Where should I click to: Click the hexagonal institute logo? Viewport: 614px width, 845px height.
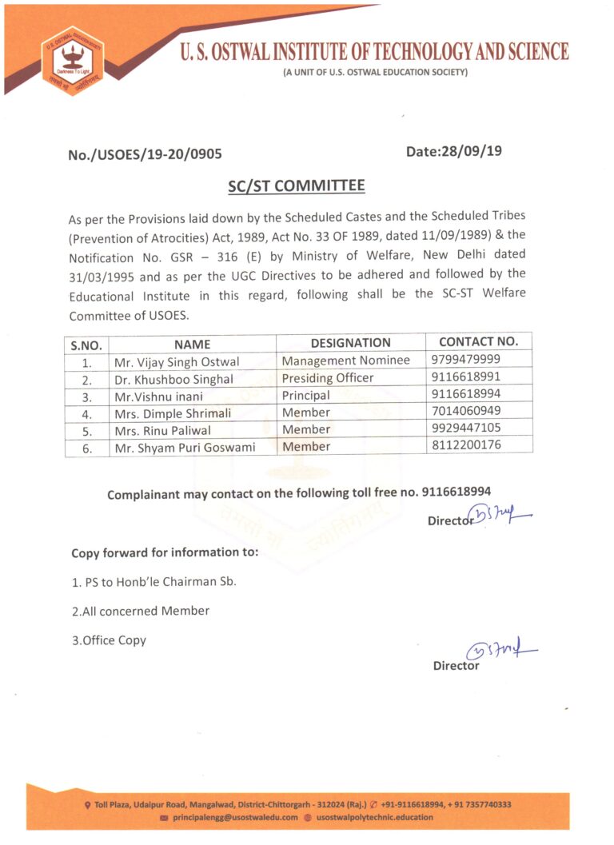pyautogui.click(x=73, y=61)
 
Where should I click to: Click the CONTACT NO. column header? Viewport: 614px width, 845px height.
pyautogui.click(x=479, y=341)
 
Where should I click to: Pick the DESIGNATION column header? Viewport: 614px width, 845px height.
pyautogui.click(x=350, y=343)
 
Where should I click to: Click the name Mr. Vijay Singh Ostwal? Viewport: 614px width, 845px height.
pyautogui.click(x=177, y=361)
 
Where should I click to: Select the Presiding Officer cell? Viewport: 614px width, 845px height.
pyautogui.click(x=328, y=378)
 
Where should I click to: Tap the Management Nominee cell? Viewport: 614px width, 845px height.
pyautogui.click(x=345, y=361)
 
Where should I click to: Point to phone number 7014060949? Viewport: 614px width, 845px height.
pyautogui.click(x=466, y=411)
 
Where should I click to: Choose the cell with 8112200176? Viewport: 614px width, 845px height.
pyautogui.click(x=466, y=444)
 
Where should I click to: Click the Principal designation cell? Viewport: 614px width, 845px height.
pyautogui.click(x=305, y=396)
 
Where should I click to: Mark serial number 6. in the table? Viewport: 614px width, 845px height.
pyautogui.click(x=87, y=448)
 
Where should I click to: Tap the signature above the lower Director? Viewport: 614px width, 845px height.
pyautogui.click(x=502, y=652)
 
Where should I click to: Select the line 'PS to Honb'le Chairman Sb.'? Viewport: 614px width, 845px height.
pyautogui.click(x=153, y=581)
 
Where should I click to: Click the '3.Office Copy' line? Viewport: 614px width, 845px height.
pyautogui.click(x=109, y=640)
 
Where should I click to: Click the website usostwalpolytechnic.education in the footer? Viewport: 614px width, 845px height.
pyautogui.click(x=374, y=818)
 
